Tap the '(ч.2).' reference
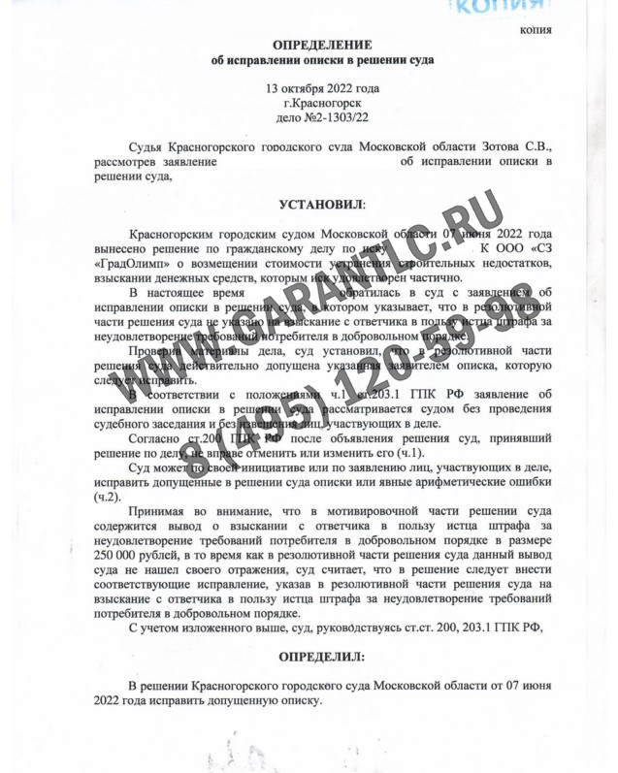click(108, 497)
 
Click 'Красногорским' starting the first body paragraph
click(173, 235)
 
